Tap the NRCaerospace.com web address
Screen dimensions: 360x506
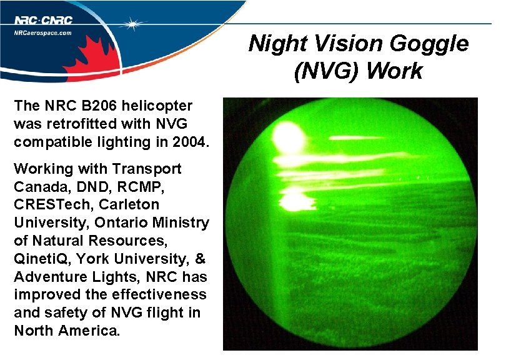click(x=43, y=33)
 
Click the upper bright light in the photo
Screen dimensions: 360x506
click(x=287, y=133)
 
